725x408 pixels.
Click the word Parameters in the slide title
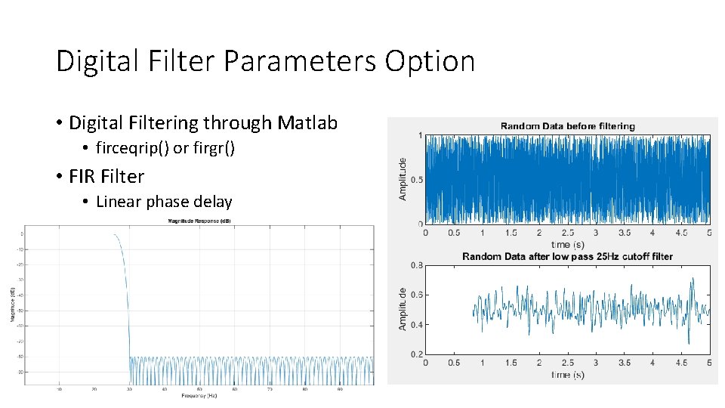coord(301,61)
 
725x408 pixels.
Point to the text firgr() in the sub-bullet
coord(214,148)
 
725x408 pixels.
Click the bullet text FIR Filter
coord(106,176)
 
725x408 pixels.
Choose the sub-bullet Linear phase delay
coord(164,202)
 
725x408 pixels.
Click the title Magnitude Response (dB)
coord(199,221)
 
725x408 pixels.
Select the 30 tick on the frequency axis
coord(129,390)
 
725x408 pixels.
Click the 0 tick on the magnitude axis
coord(22,234)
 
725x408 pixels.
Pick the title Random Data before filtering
coord(567,126)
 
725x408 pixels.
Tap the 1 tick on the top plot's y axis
coord(419,136)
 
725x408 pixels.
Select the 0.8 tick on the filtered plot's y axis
coord(416,265)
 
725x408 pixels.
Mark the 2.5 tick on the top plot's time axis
coord(567,233)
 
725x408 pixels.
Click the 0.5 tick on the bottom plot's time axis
coord(454,363)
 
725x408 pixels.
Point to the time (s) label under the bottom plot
coord(567,375)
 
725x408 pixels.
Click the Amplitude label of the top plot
coord(403,179)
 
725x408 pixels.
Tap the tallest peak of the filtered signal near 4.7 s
coord(692,279)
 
